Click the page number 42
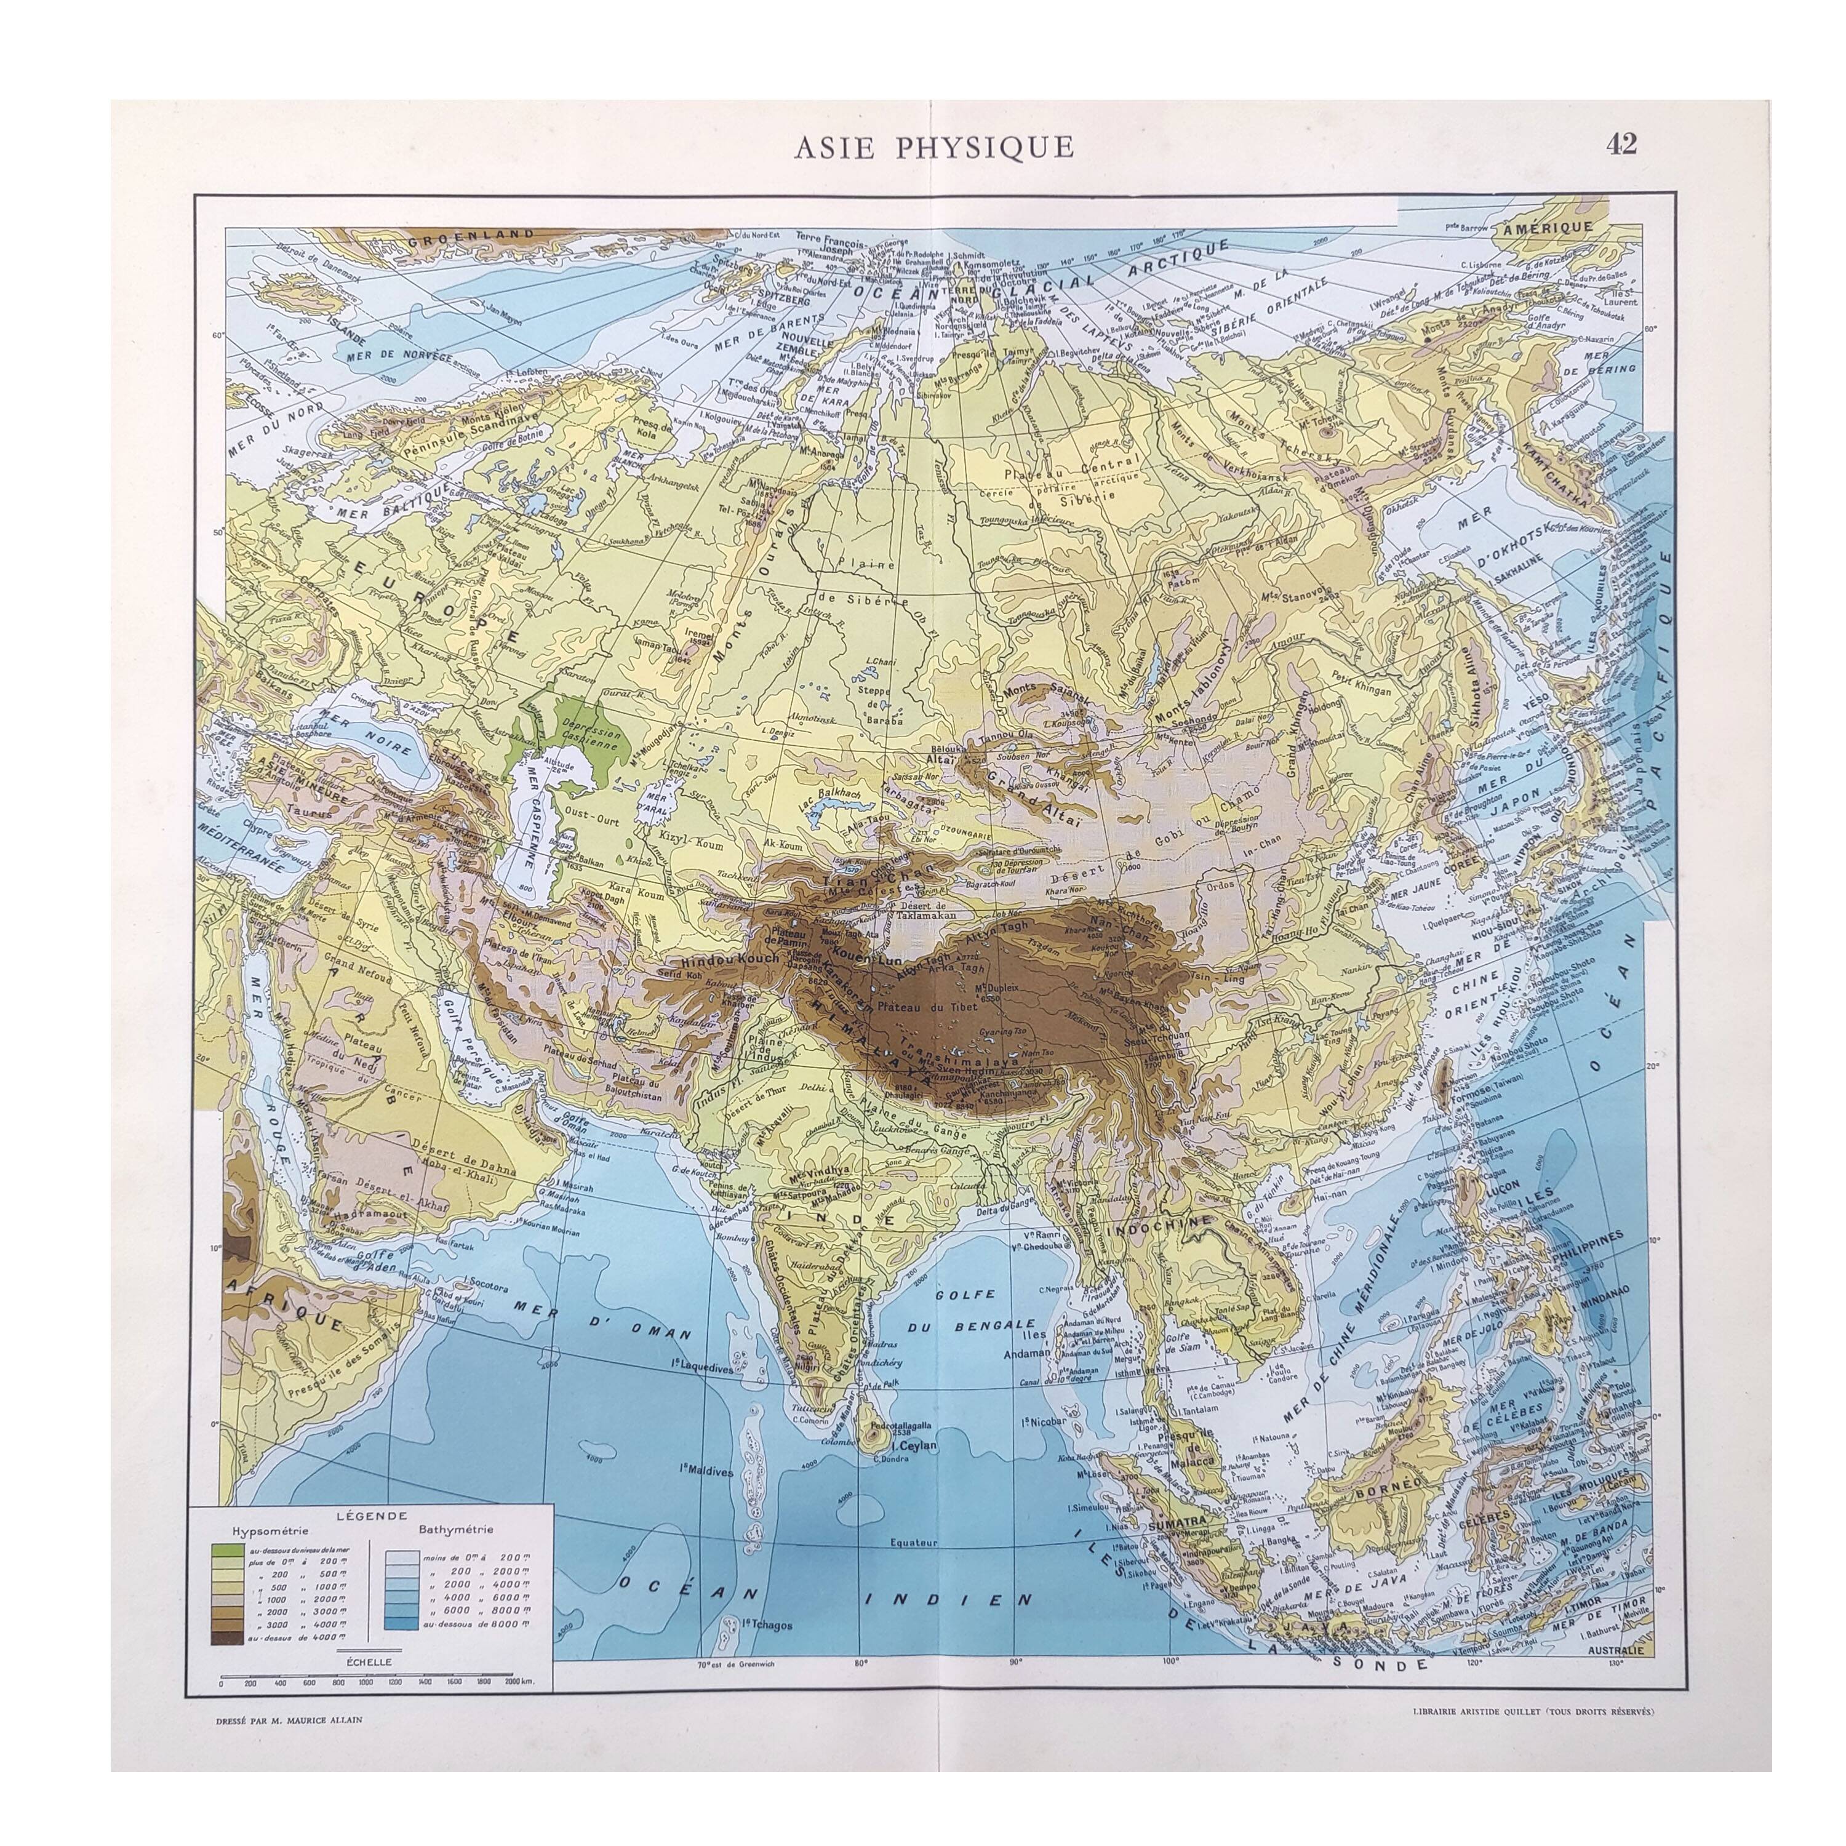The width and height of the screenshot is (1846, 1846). [x=1621, y=143]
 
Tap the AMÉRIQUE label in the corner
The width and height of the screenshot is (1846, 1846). [x=1546, y=228]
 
